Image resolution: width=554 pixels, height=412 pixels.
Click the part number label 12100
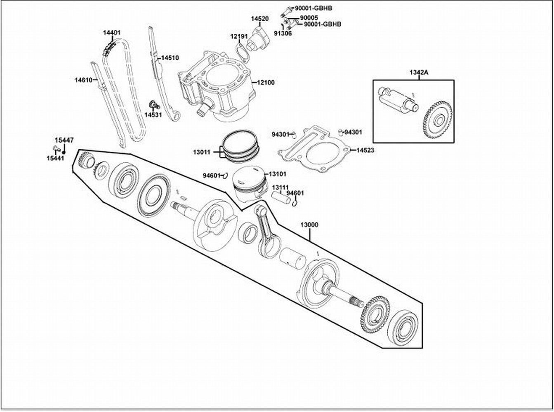pyautogui.click(x=266, y=82)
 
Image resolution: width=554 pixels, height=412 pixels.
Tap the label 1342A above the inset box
pyautogui.click(x=419, y=73)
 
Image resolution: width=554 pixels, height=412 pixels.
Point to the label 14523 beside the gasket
pyautogui.click(x=365, y=150)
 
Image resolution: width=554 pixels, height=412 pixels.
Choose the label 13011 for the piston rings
pyautogui.click(x=202, y=152)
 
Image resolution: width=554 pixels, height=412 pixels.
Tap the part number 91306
pyautogui.click(x=283, y=33)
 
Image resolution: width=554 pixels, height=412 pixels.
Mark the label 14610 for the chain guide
pyautogui.click(x=83, y=80)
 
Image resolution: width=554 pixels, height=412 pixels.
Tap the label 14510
pyautogui.click(x=170, y=58)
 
